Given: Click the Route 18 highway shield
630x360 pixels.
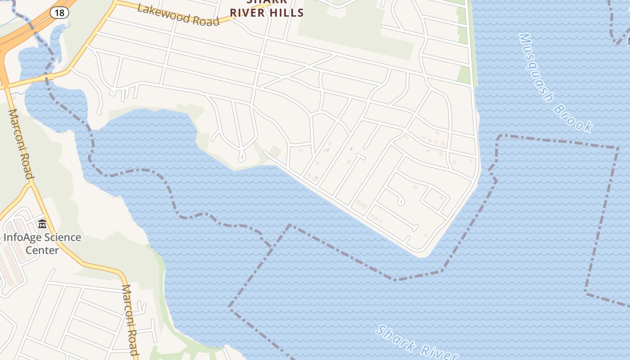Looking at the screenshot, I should point(59,12).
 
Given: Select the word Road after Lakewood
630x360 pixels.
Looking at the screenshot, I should point(205,20).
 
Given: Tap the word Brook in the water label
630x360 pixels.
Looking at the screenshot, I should point(573,118).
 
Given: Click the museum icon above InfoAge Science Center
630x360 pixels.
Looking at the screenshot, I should point(42,224).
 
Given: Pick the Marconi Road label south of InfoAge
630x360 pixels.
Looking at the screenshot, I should point(130,319).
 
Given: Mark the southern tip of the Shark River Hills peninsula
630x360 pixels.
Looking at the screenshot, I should point(421,255).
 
